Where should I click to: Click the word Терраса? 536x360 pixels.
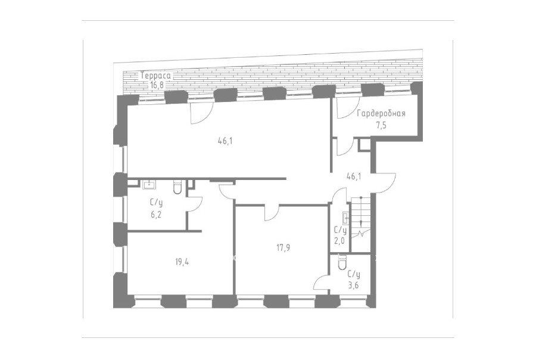[x=155, y=76]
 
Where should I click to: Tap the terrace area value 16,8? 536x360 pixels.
[x=157, y=85]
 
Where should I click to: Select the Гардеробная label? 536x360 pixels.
[x=381, y=114]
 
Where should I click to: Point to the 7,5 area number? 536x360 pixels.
[x=381, y=126]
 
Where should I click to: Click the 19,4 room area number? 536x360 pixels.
[x=182, y=262]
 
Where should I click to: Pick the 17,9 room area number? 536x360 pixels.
[x=283, y=248]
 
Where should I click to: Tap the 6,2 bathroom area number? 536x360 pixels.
[x=156, y=215]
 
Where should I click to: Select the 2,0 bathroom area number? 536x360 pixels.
[x=339, y=241]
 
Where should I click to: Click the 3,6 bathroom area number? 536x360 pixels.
[x=353, y=285]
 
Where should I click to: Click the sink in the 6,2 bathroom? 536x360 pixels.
[x=149, y=185]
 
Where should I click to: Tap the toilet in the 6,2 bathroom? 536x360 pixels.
[x=177, y=187]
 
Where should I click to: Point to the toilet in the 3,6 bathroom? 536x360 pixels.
[x=342, y=262]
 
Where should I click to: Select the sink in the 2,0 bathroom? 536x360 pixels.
[x=345, y=218]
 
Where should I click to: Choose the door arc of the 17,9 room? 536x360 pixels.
[x=272, y=213]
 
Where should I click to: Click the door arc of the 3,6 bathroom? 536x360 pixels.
[x=320, y=283]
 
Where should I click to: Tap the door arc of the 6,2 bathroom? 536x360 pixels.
[x=197, y=204]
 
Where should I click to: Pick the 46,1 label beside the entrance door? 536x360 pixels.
[x=354, y=176]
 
